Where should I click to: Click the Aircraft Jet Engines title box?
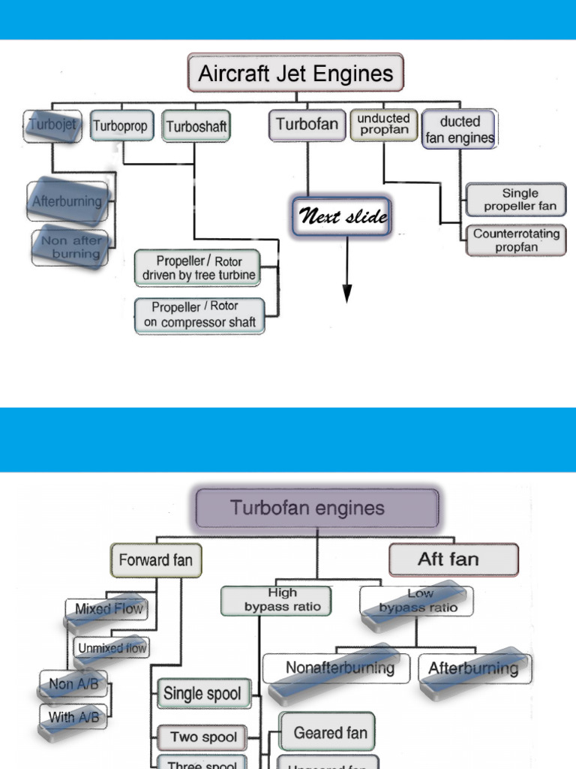tap(295, 74)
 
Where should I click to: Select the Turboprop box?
tap(120, 126)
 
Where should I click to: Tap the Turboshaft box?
tap(196, 126)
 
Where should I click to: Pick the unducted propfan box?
tap(383, 125)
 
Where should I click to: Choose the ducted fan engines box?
tap(459, 129)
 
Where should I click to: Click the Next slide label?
tap(343, 218)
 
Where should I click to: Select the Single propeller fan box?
tap(516, 200)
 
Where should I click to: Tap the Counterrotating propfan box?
tap(516, 240)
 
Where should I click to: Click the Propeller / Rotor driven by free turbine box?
tap(199, 268)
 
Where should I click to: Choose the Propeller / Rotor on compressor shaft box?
tap(199, 315)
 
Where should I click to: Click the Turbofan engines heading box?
tap(317, 508)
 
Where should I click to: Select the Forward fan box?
tap(155, 560)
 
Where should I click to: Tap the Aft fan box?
tap(453, 559)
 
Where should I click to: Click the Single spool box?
tap(202, 694)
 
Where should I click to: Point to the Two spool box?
tap(203, 737)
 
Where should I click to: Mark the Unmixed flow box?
tap(112, 647)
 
